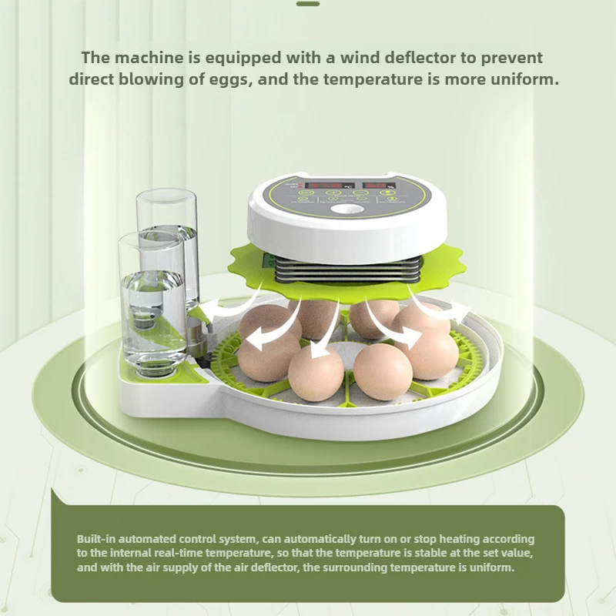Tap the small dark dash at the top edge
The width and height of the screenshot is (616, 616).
tap(307, 3)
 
